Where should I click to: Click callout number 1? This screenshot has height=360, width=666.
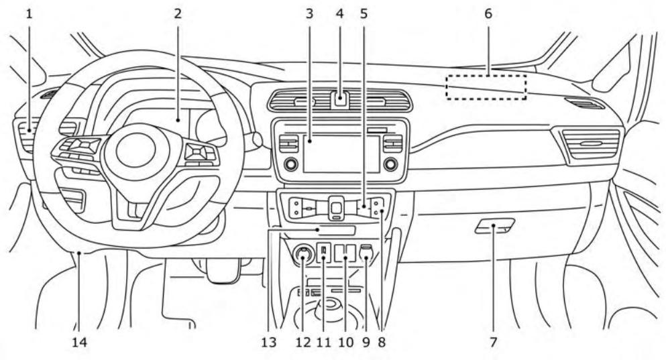[x=29, y=13]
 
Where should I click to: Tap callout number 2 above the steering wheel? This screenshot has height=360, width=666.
[x=178, y=13]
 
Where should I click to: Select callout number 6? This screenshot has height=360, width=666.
[x=488, y=13]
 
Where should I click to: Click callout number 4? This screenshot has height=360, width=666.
[x=341, y=13]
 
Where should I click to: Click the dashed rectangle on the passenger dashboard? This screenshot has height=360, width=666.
[x=486, y=87]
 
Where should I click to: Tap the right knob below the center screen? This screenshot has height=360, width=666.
[x=390, y=164]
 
